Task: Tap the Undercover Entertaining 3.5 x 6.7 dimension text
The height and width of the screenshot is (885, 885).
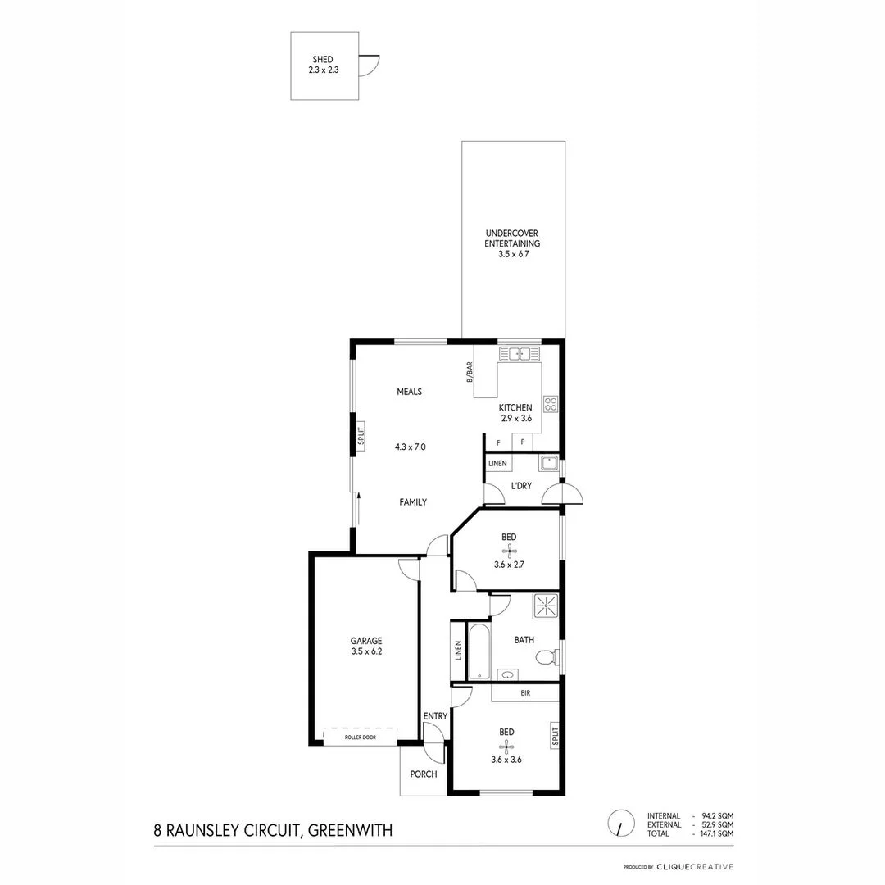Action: point(512,254)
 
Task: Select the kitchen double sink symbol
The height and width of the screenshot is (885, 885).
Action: point(518,354)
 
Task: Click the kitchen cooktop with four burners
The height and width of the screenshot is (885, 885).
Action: point(551,403)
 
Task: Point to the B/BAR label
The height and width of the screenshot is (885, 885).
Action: point(470,372)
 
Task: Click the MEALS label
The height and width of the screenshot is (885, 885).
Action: point(409,392)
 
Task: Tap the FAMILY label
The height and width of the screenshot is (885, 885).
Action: point(412,502)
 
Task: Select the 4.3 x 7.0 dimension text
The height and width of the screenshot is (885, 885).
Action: point(410,447)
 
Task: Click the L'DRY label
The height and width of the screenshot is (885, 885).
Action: point(521,486)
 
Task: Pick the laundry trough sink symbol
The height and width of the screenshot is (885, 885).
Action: point(548,463)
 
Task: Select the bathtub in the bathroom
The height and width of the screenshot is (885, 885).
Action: point(478,651)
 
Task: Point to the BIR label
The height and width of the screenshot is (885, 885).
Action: point(525,693)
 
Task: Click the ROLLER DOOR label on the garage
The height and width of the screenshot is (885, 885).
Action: point(360,737)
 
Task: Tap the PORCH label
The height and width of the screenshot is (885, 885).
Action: point(423,774)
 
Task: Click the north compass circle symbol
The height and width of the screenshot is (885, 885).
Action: point(620,822)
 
